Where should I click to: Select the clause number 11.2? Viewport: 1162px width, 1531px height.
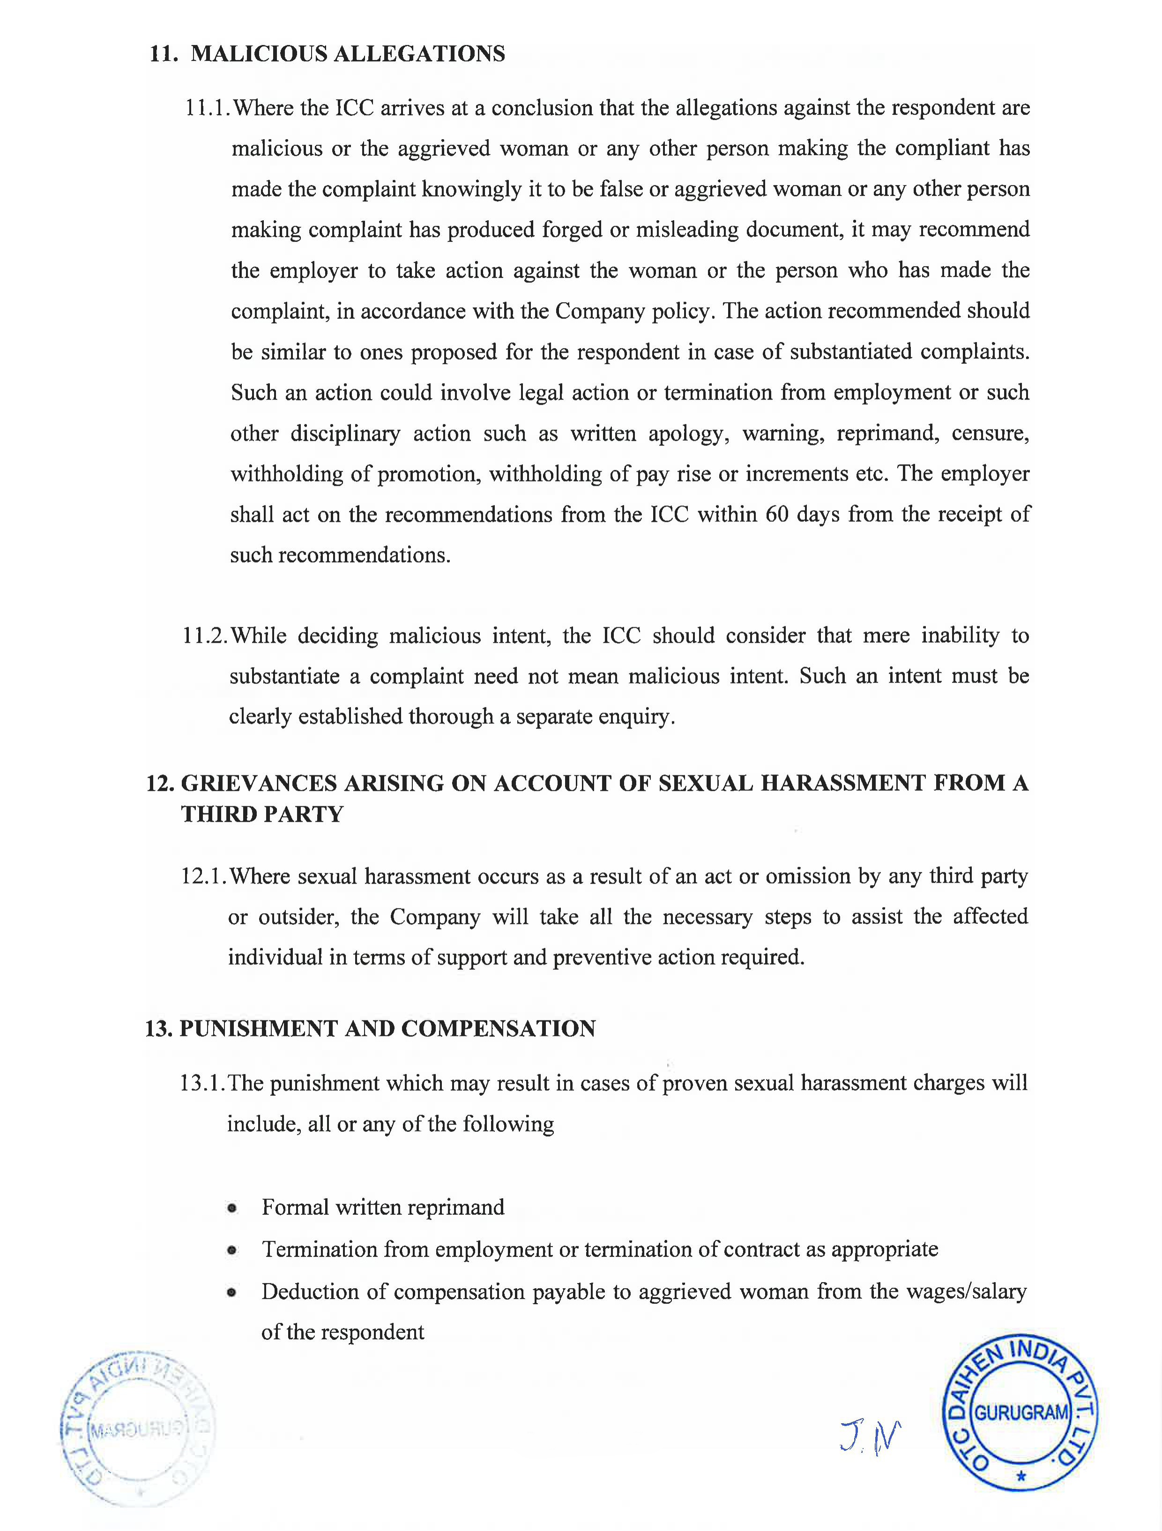tap(205, 635)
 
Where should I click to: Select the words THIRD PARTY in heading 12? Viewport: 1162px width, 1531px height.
tap(262, 814)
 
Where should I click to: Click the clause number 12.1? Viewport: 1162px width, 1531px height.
tap(203, 876)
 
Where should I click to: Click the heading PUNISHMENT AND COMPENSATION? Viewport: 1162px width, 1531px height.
tap(387, 1028)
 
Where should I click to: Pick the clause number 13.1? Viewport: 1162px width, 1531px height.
tap(202, 1083)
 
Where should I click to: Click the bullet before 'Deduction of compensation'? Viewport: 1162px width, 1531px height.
tap(232, 1292)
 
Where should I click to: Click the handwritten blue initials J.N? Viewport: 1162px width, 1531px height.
tap(871, 1438)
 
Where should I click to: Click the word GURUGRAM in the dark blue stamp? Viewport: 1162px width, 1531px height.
tap(1021, 1412)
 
